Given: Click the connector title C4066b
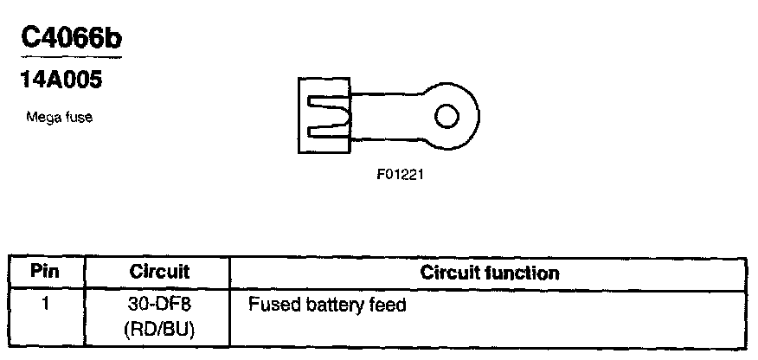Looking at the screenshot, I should point(70,40).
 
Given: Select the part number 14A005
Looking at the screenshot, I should point(61,81).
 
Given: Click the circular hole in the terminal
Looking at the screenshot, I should point(447,115).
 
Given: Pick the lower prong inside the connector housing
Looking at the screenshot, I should point(329,131).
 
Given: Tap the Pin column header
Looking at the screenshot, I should point(45,272).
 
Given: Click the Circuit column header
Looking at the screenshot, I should point(158,272).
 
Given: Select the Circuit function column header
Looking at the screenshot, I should point(490,273).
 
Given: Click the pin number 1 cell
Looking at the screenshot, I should point(46,305).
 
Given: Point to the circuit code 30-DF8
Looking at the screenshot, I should point(158,305).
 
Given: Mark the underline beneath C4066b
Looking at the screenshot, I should point(70,59).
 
